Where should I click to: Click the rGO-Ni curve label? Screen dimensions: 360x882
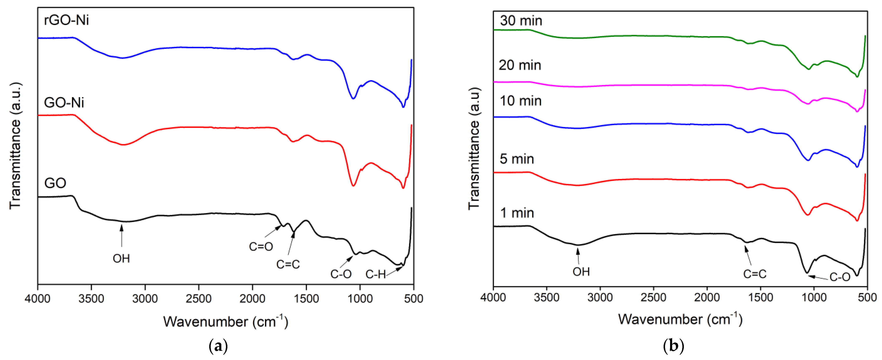click(66, 20)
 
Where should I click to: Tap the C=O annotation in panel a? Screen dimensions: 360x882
click(261, 246)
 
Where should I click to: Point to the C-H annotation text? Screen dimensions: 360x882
click(375, 274)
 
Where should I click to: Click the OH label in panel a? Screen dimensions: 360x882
click(121, 258)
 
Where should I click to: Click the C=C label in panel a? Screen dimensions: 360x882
click(288, 264)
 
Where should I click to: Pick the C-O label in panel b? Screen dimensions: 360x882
click(840, 277)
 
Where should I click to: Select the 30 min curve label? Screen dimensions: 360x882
click(521, 21)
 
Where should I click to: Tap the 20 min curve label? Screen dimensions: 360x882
click(520, 65)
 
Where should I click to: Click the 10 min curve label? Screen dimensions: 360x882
click(520, 101)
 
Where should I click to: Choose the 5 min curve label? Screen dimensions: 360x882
click(517, 159)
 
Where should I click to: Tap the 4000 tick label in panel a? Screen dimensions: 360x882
click(38, 298)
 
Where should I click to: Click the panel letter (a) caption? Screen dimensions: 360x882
click(218, 346)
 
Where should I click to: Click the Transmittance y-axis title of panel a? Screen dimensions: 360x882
click(15, 145)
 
